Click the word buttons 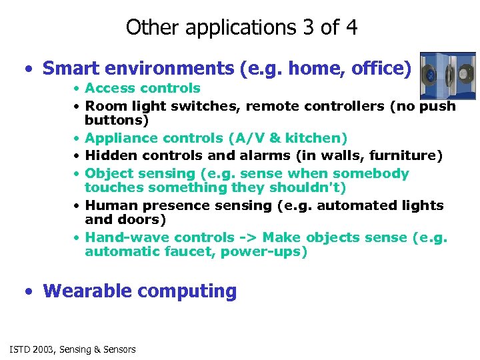[117, 120]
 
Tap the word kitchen [317, 138]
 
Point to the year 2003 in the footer [43, 349]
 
